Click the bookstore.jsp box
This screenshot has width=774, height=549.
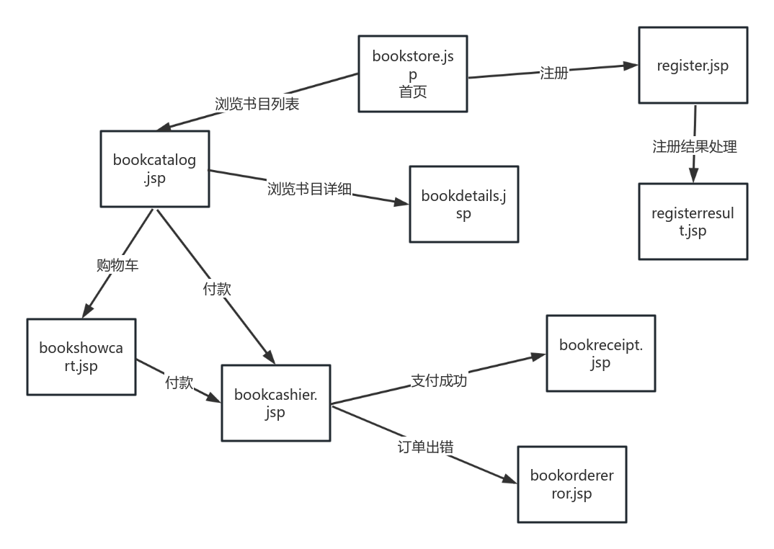413,73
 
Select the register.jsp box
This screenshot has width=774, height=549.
693,66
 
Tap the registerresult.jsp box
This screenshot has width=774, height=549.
693,221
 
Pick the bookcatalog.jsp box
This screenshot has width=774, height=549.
154,169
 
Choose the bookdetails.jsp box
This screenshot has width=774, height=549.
463,204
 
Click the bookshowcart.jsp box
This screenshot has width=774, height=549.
81,357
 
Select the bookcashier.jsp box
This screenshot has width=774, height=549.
275,403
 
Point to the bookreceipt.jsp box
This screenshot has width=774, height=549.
600,353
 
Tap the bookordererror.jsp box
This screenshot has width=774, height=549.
571,484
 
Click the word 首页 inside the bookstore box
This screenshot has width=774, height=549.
413,91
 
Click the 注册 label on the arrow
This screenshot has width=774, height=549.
553,73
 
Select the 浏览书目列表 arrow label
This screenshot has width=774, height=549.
257,104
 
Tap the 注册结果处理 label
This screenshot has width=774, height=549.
694,146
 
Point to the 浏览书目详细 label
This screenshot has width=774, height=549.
309,189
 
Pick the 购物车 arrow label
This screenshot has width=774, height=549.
117,265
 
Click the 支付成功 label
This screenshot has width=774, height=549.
439,380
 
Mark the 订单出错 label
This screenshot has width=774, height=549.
425,447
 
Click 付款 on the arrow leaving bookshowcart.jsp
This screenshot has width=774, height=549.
179,383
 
